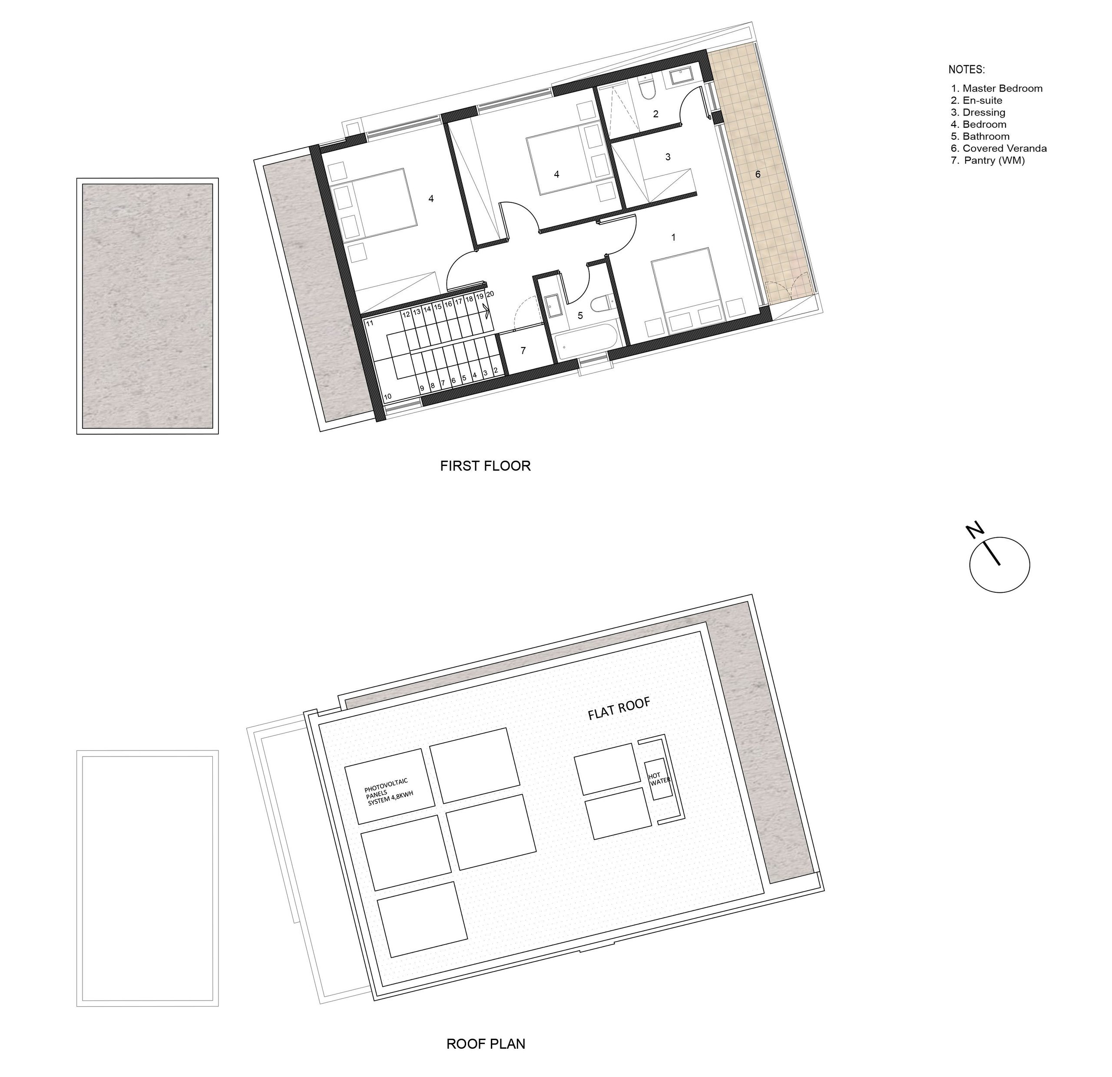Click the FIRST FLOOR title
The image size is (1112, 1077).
coord(485,466)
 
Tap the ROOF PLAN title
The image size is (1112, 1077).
coord(486,1044)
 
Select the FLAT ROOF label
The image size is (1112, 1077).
coord(619,709)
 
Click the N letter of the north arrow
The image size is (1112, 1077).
coord(975,531)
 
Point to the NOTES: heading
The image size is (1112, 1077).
coord(967,70)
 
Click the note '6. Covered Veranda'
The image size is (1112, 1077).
coord(999,149)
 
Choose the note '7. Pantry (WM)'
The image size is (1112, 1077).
coord(988,161)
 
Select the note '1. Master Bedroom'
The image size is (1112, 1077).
coord(997,89)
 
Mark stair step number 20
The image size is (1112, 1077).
coord(490,294)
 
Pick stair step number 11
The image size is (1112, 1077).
coord(369,324)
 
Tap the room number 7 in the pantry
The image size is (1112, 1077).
coord(523,351)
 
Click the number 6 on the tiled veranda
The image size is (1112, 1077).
coord(758,175)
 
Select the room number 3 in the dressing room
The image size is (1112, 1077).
coord(668,157)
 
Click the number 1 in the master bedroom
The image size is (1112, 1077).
coord(673,238)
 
